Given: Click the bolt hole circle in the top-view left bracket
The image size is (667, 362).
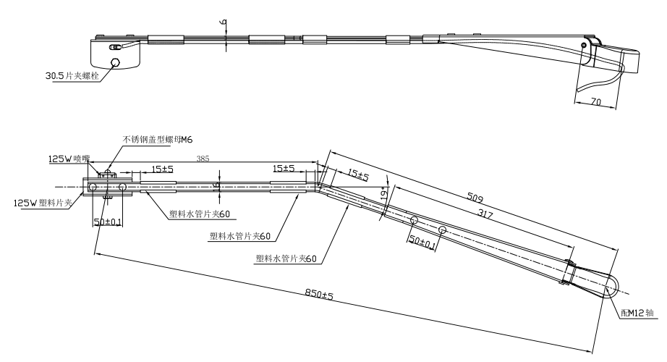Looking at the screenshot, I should [114, 62].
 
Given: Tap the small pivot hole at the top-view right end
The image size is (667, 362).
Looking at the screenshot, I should [584, 45].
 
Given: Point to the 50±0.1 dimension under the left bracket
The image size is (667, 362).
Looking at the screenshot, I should [107, 220].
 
